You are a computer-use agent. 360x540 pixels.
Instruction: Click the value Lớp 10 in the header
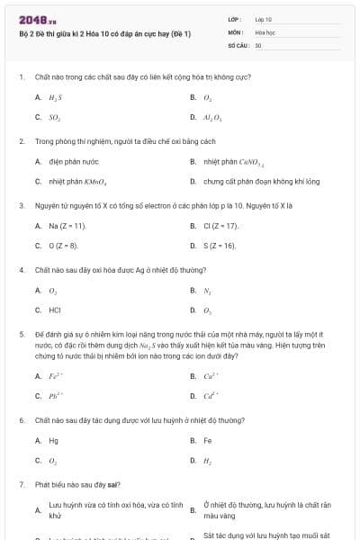pos(263,19)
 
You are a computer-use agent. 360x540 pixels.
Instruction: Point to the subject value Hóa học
pos(264,31)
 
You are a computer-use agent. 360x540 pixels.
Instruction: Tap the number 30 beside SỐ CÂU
pos(258,44)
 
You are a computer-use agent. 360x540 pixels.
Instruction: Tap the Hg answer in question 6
pos(54,441)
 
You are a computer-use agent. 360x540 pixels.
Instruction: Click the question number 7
pos(21,484)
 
